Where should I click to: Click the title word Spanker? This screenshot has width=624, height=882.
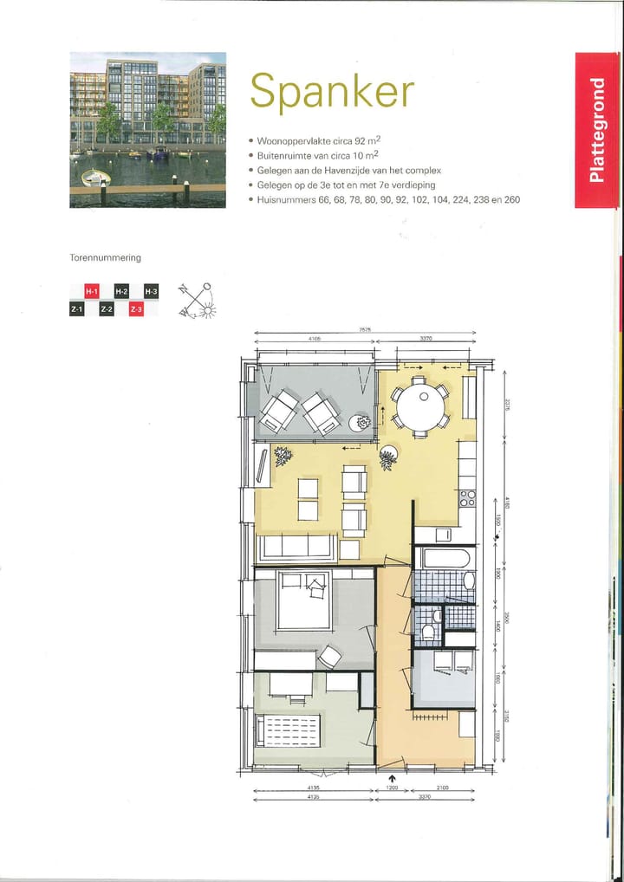[x=332, y=91]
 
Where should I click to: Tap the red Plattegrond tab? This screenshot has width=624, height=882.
[x=596, y=130]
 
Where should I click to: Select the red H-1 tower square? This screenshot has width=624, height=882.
[x=91, y=292]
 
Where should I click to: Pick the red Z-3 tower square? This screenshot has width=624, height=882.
[x=136, y=308]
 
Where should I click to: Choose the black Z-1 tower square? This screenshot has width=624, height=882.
[x=76, y=308]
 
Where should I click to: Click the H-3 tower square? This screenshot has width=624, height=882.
[x=151, y=292]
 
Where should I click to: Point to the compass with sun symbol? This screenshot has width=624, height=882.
[x=198, y=300]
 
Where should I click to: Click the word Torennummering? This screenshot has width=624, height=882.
[x=105, y=258]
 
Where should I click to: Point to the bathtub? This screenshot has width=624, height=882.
[x=443, y=558]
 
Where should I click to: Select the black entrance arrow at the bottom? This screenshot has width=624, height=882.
[x=393, y=778]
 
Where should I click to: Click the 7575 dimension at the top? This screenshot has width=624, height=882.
[x=367, y=330]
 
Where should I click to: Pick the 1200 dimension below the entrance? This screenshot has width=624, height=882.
[x=393, y=788]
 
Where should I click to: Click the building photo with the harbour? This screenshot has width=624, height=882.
[x=147, y=130]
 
